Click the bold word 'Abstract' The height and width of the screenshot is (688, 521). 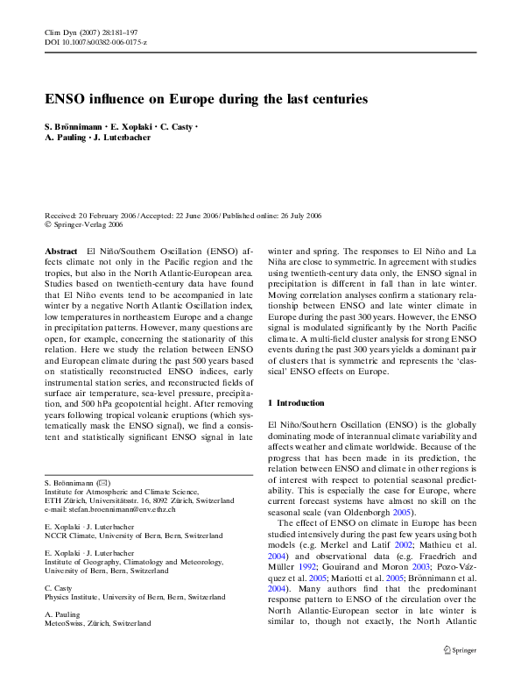60,251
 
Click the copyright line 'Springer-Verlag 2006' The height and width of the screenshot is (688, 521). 88,224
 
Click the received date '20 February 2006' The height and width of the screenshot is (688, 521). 109,215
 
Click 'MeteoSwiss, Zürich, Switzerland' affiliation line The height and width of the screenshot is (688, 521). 97,623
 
